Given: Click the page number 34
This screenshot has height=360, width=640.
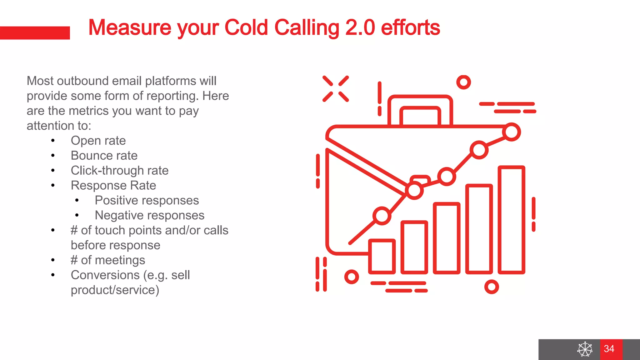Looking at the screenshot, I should pos(609,349).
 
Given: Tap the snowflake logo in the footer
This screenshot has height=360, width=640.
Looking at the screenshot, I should pos(585,349).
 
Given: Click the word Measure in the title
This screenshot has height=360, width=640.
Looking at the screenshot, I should pos(130,27).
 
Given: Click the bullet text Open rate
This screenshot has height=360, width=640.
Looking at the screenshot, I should pos(98,141).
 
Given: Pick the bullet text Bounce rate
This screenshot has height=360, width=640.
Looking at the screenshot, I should pos(104,156).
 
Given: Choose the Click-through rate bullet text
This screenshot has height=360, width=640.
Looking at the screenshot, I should pos(119,171).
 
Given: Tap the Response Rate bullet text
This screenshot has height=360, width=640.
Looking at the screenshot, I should pos(113,186).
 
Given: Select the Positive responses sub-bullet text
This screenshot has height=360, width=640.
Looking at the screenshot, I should pos(147,200).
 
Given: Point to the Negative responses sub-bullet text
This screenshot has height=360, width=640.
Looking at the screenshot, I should pos(149,215).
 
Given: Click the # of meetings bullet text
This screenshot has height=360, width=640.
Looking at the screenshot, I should pos(108,260).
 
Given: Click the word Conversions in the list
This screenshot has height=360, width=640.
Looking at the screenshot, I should pos(105,275).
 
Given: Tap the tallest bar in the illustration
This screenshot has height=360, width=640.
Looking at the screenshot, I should pos(511,220).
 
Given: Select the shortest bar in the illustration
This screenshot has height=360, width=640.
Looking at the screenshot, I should pos(382,256).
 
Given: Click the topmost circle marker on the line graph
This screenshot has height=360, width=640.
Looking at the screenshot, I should pos(511,132).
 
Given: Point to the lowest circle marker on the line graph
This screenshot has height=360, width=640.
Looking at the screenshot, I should pos(382,216).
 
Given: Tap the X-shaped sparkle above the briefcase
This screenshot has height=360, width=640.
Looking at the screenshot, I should pos(336,89).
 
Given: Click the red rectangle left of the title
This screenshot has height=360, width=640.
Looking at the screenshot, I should pos(35,33).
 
